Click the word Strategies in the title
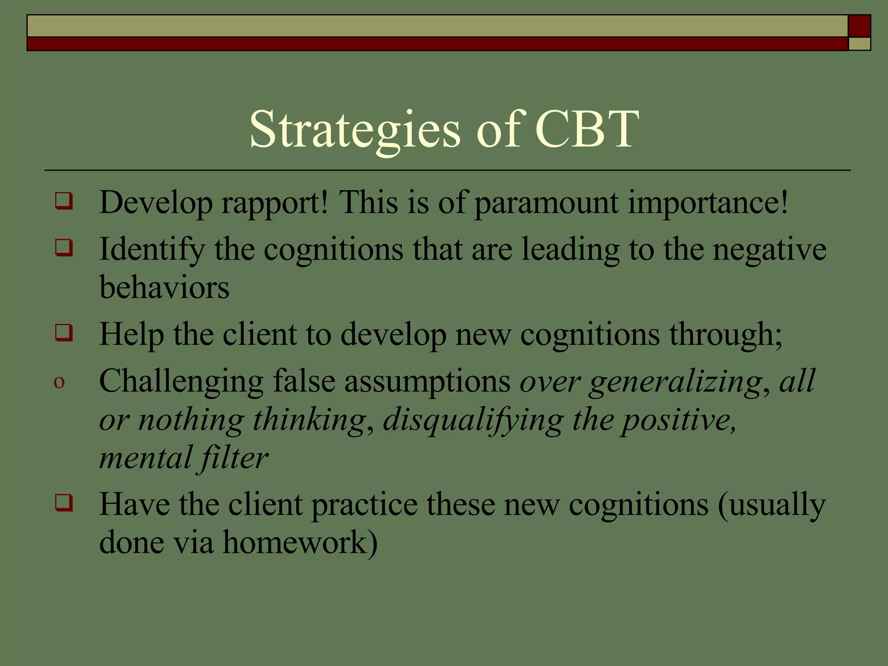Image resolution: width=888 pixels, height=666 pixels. point(355,130)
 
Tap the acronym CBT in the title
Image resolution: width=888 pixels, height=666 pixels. point(587,129)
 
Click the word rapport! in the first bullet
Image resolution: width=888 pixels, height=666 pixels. point(274,203)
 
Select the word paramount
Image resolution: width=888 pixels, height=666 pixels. point(546,203)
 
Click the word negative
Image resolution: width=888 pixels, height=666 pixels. point(770,250)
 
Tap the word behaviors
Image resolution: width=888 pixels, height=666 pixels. point(164,287)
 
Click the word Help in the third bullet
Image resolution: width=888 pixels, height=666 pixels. point(131,335)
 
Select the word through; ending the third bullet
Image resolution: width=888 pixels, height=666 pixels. point(725,335)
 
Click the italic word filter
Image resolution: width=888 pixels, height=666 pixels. point(234,458)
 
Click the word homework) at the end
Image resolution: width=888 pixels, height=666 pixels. point(300,542)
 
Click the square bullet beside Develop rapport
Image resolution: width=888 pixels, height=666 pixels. point(63,201)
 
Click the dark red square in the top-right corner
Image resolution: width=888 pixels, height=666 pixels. point(859,26)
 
